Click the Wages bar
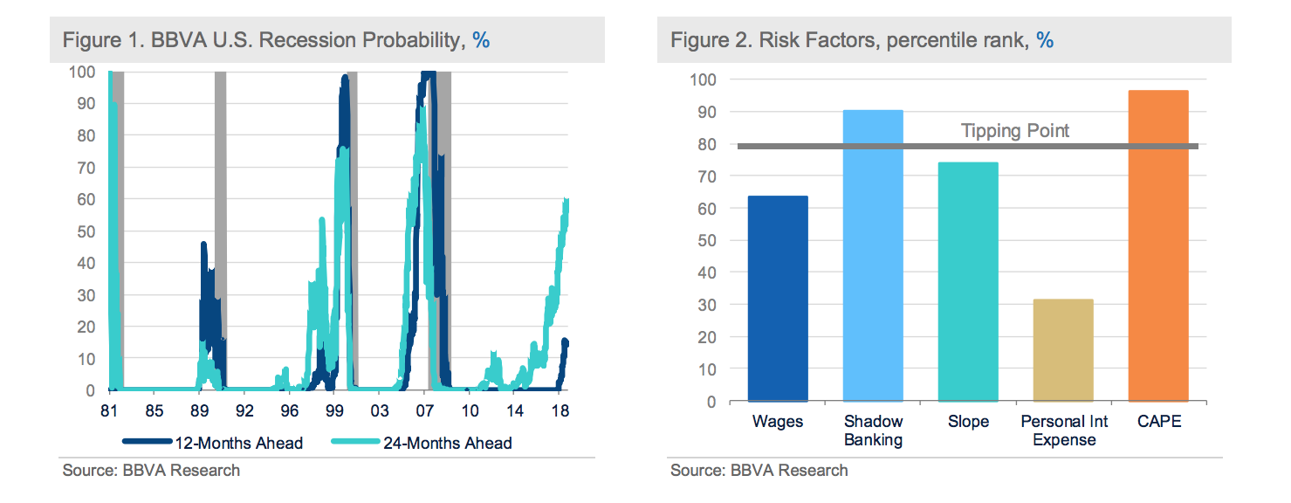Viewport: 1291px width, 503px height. coord(778,299)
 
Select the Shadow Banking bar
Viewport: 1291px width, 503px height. coord(873,255)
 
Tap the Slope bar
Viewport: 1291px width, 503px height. coord(968,281)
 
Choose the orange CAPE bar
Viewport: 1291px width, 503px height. coord(1158,245)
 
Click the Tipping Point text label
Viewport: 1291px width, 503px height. coord(1015,131)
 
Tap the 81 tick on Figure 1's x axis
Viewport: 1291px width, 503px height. coord(109,409)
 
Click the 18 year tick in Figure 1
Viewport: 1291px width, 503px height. coord(560,409)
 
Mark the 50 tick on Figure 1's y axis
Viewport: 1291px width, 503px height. coord(84,231)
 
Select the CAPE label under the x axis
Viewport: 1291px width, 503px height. coord(1158,422)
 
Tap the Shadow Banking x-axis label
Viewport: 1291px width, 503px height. coord(873,431)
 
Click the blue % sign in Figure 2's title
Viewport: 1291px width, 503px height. coord(1045,40)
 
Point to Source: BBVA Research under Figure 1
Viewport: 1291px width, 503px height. coord(151,471)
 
